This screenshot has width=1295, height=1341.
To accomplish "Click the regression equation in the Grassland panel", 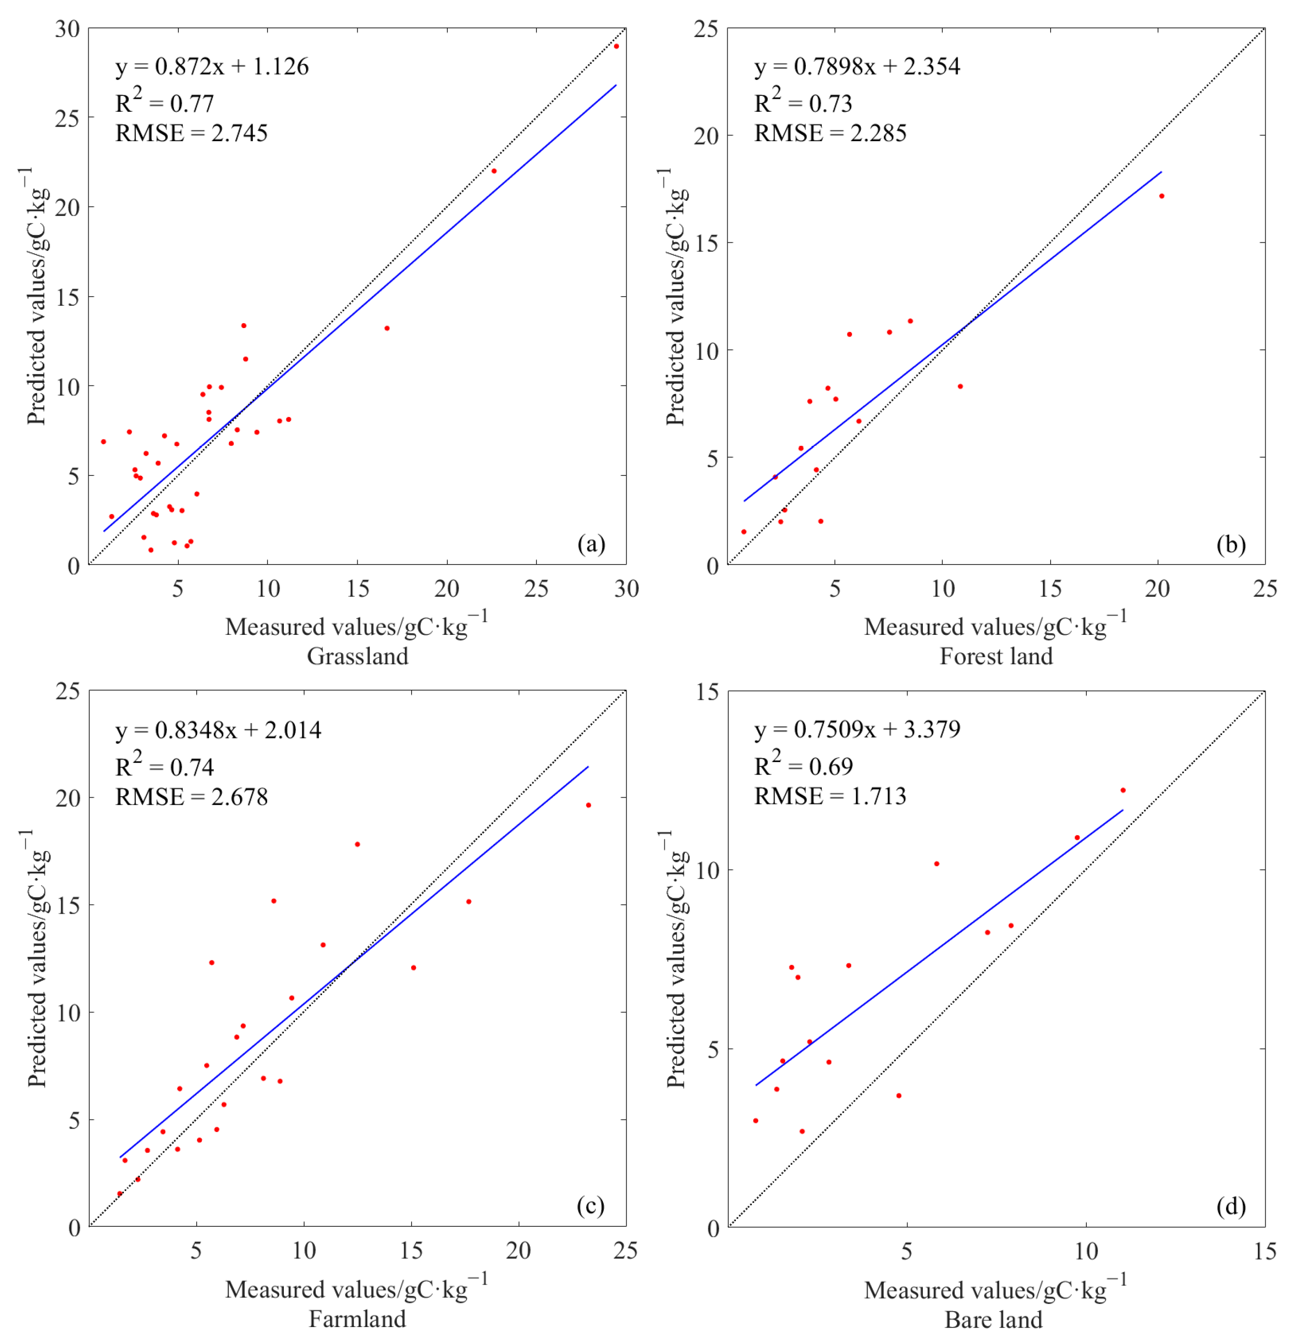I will tap(212, 66).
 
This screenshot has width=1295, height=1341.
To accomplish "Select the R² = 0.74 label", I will tap(164, 766).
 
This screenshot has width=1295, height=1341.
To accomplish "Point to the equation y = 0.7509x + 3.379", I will tap(857, 729).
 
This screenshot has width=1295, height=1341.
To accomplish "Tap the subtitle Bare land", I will tap(993, 1319).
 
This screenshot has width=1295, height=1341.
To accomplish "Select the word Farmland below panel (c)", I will tap(357, 1318).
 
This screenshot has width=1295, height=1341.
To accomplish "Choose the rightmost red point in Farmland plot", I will tap(588, 805).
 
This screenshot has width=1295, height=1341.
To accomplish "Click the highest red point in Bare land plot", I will tap(1122, 790).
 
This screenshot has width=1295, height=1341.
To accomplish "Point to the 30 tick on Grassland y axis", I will tap(68, 29).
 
